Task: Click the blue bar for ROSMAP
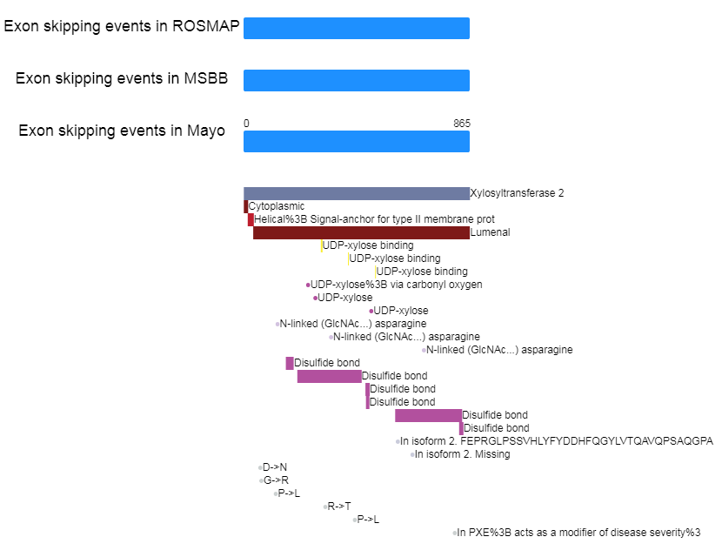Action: coord(357,28)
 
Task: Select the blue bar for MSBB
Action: coord(357,80)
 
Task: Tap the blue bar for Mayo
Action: coord(357,141)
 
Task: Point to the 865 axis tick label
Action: coord(462,124)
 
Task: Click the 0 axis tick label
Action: coord(246,124)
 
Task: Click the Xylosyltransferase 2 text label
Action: coord(517,193)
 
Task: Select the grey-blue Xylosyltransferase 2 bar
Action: coord(357,193)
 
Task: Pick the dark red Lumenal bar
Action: coord(361,232)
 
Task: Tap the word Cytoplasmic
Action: coord(277,206)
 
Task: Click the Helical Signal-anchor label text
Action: coord(374,219)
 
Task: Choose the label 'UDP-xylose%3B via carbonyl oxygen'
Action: coord(396,285)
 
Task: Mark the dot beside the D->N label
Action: coord(261,467)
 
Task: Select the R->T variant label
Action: coord(339,507)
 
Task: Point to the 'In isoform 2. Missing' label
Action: coord(462,454)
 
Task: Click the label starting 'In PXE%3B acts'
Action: coord(578,533)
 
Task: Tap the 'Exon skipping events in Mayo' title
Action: coord(122,131)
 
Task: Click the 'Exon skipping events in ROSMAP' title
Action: coord(122,26)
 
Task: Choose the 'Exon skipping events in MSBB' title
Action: coord(122,78)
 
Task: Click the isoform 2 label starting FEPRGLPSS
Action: coord(557,441)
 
